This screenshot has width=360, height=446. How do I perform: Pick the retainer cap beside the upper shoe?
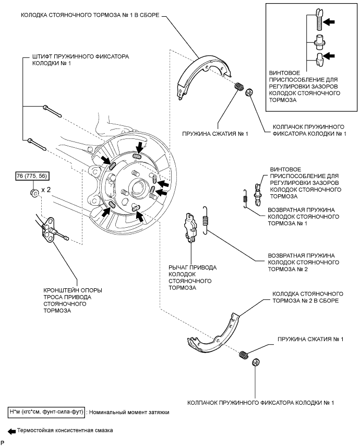pos(250,91)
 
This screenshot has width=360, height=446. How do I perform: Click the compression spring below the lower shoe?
pos(244,355)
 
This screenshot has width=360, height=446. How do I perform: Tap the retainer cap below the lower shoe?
pos(256,362)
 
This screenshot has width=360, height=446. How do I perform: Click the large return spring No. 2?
pos(206,218)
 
